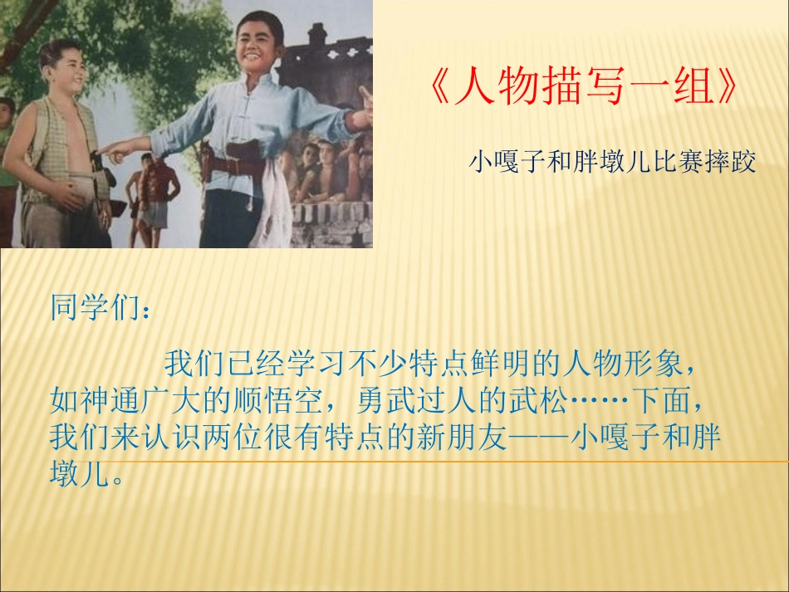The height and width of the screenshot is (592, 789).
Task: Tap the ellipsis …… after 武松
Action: [x=598, y=403]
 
